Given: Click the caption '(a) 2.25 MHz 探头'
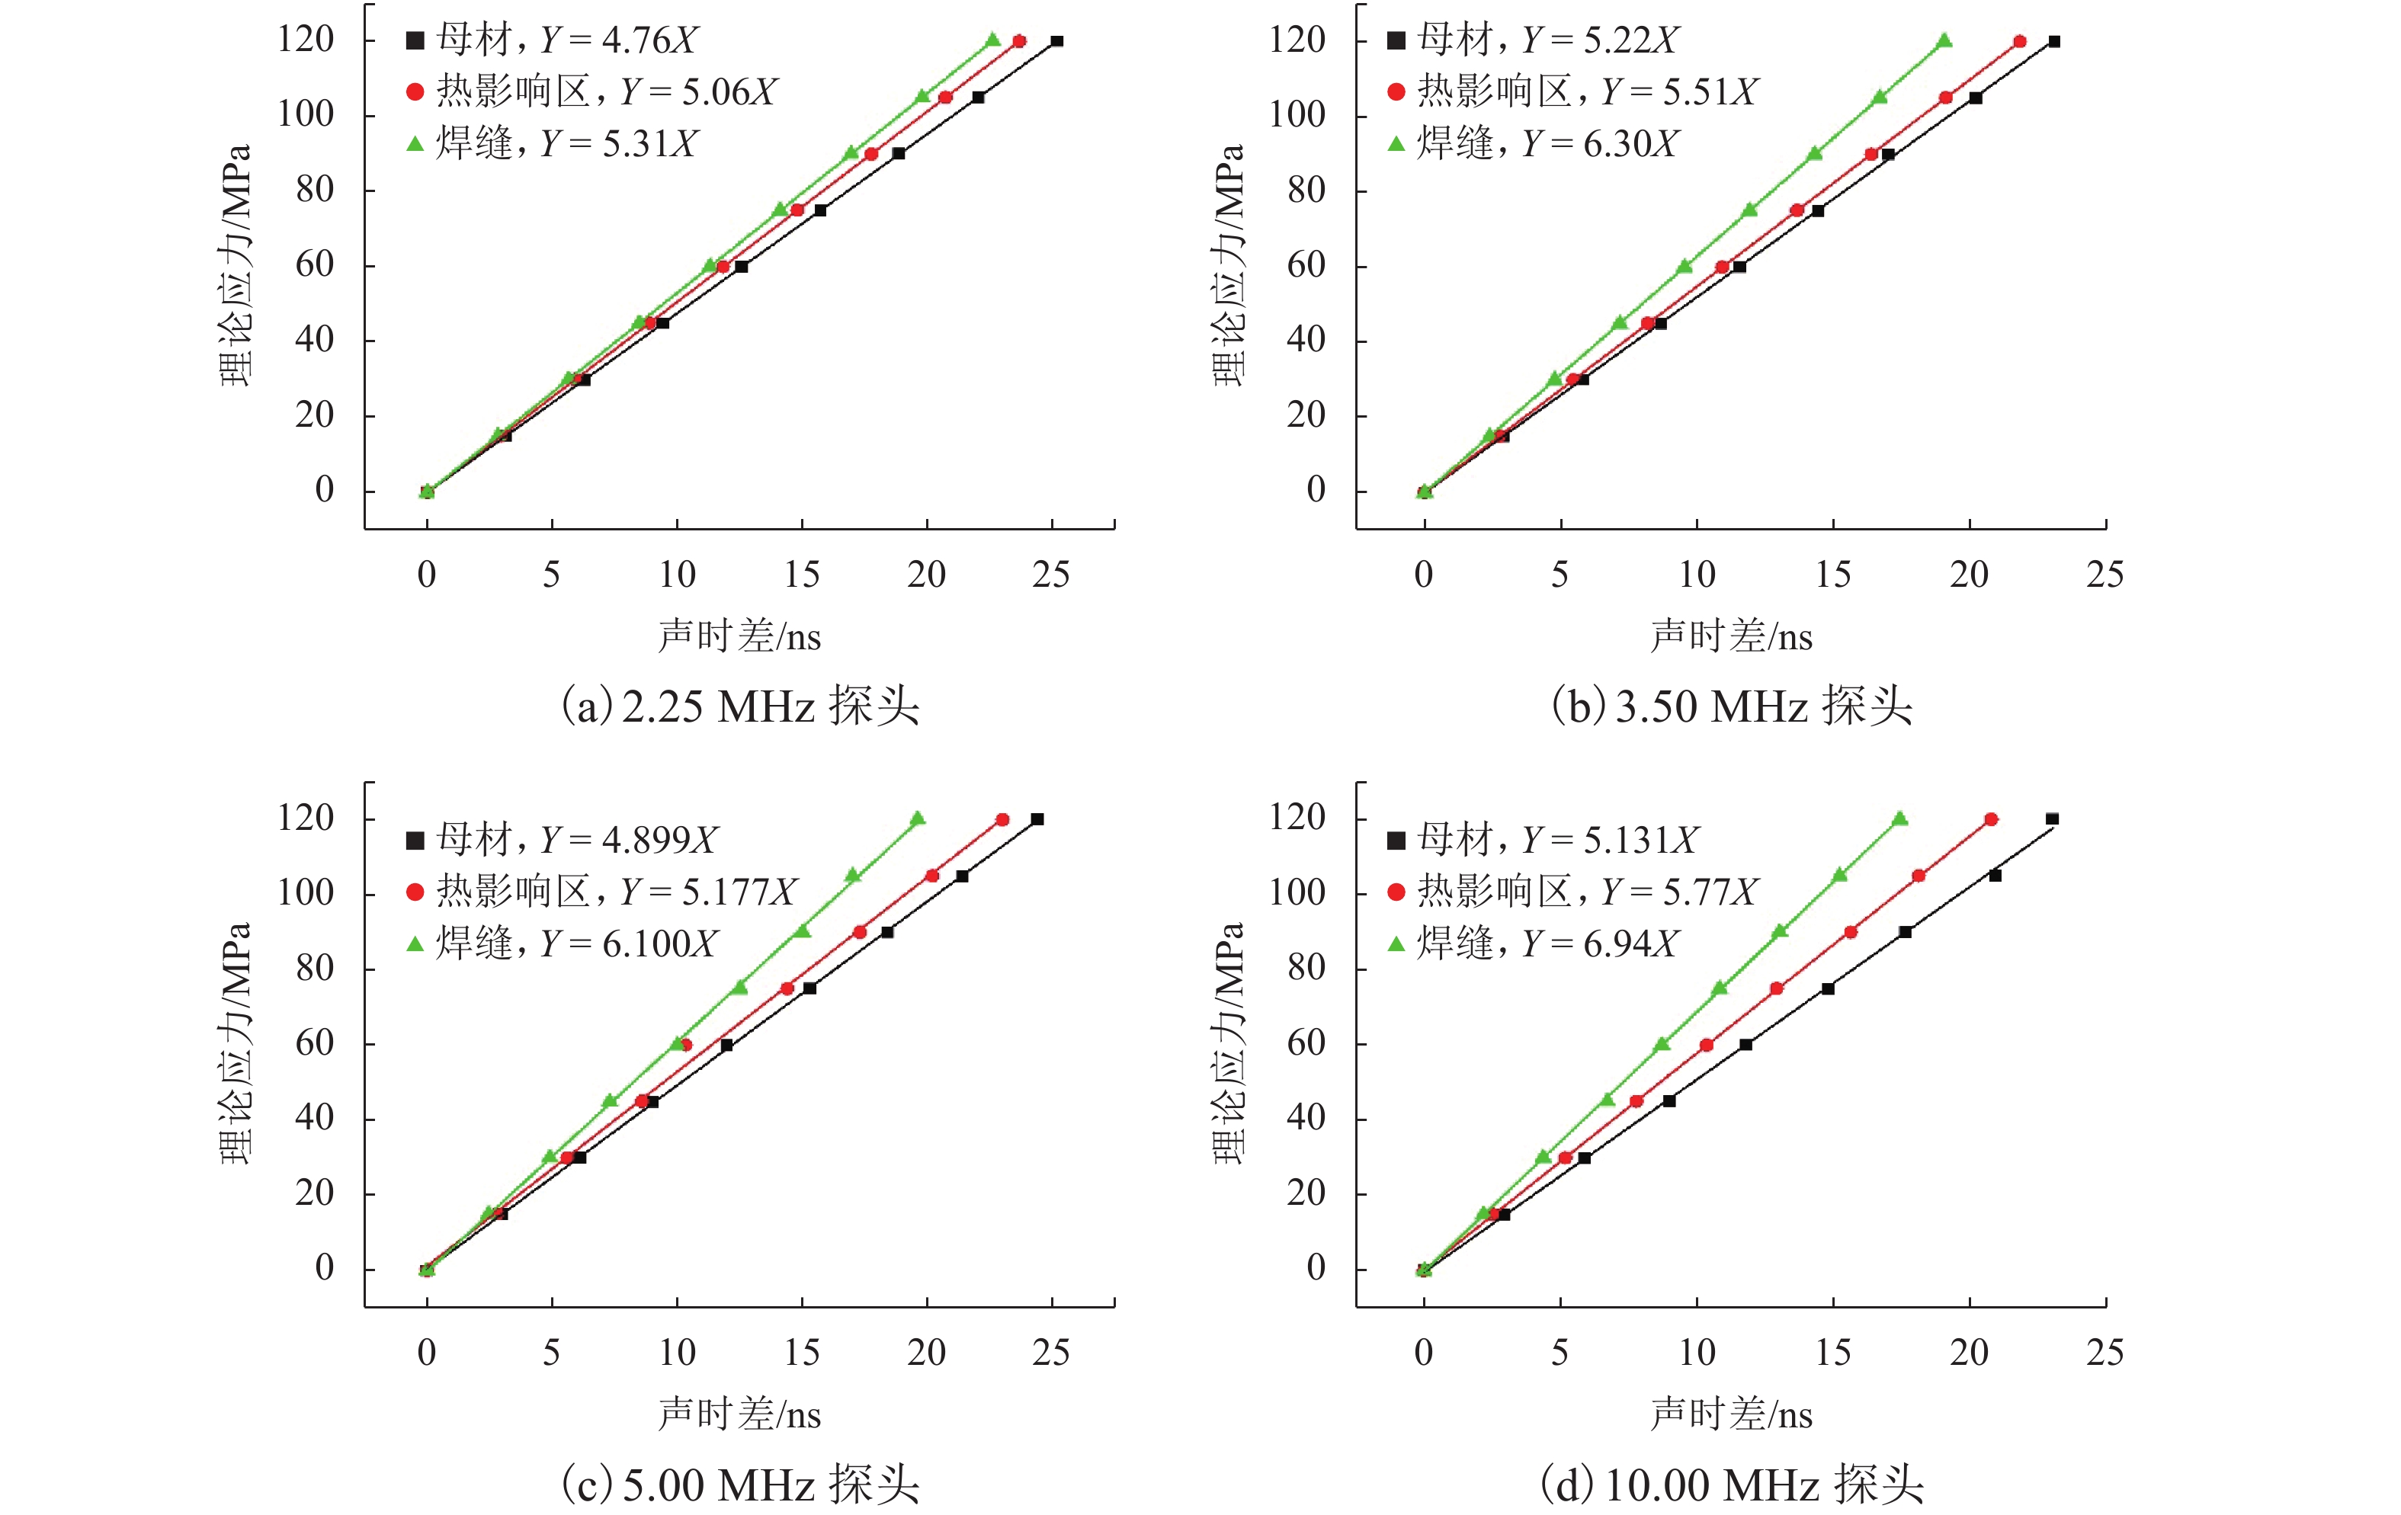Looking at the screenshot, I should (740, 706).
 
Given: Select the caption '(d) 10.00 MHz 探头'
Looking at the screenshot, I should (1731, 1485).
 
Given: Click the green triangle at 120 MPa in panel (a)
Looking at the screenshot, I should (992, 40).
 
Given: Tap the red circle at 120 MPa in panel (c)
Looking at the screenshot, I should (1002, 819).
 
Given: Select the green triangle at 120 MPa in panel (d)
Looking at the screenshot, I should (1899, 818).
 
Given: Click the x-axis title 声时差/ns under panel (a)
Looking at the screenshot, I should (739, 636).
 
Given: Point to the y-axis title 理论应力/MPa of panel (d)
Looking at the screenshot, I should (1229, 1043).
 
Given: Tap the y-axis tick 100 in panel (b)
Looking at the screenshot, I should (1297, 114).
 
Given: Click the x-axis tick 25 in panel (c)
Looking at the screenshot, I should (1051, 1353).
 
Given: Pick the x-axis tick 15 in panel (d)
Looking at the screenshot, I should (1832, 1353).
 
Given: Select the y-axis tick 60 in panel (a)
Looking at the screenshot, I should (314, 265).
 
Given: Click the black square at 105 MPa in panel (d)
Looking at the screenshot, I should (1995, 875).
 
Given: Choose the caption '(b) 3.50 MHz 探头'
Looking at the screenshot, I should (1731, 706).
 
